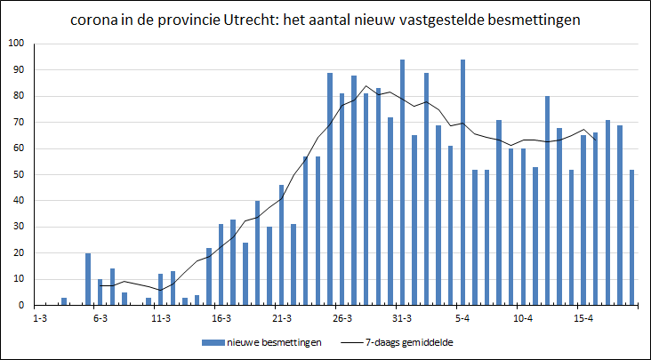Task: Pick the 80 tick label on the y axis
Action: (20, 96)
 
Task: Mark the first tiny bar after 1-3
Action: (64, 301)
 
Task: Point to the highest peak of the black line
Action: (366, 86)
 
